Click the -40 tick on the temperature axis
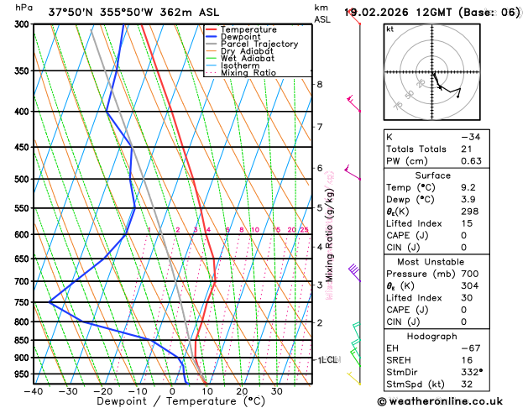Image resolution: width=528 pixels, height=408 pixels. [x=34, y=390]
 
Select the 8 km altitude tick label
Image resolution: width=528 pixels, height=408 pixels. [x=319, y=85]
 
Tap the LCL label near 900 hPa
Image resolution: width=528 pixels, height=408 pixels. [x=327, y=359]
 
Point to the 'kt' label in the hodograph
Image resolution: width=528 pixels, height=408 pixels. [x=389, y=29]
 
